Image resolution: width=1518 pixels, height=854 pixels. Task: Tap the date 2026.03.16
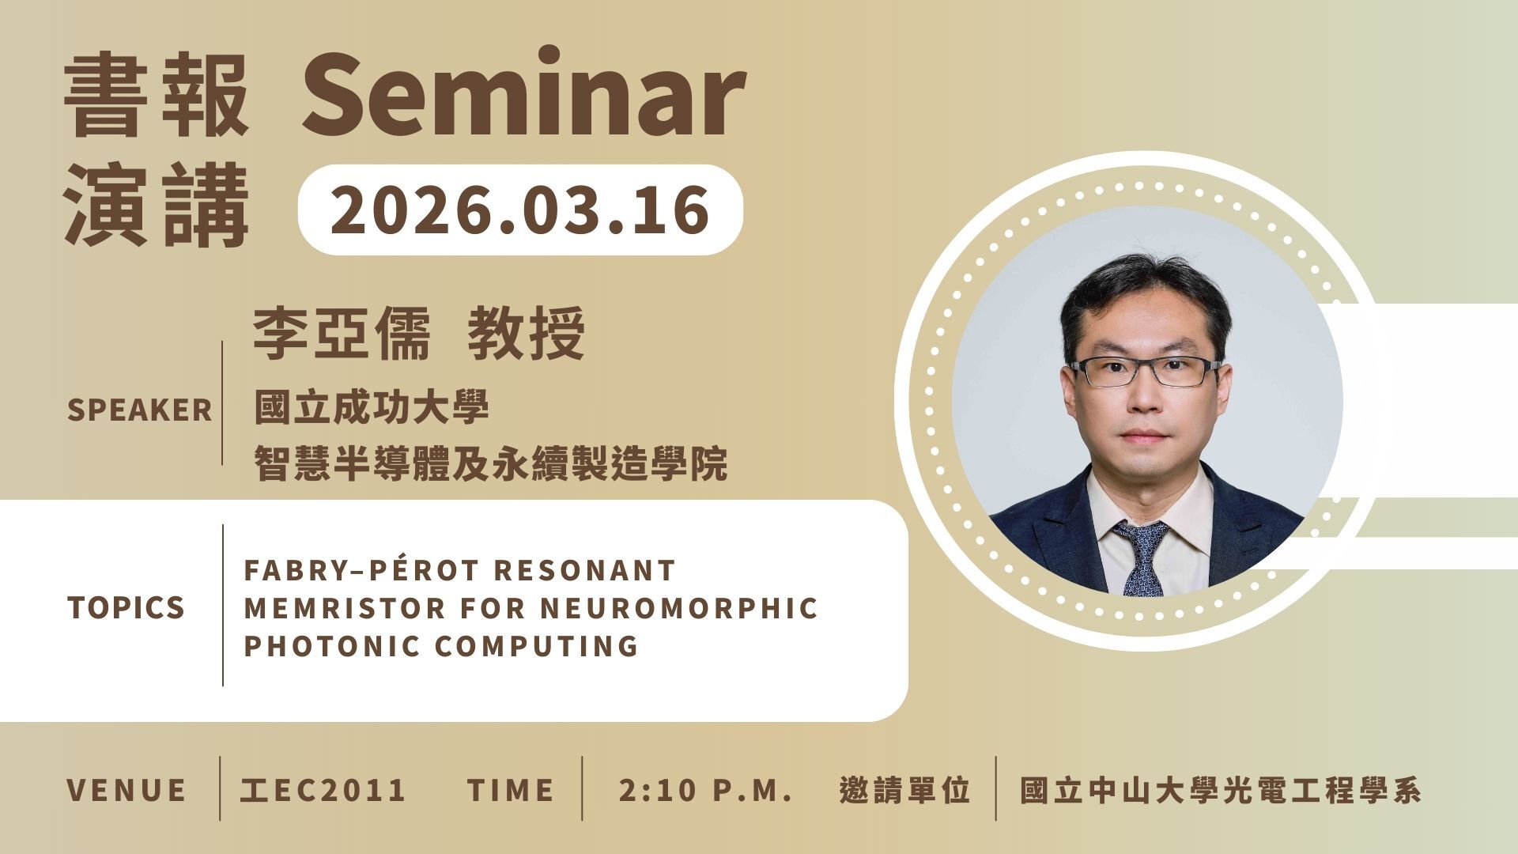click(519, 209)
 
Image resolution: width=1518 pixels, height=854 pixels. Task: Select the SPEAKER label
click(140, 410)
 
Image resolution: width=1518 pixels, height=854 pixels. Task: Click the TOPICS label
click(126, 607)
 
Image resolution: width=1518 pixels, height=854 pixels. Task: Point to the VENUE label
click(126, 790)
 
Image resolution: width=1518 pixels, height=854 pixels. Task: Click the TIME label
click(511, 790)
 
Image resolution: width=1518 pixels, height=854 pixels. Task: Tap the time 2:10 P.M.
click(706, 790)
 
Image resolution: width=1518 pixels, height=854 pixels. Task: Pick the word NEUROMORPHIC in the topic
click(679, 608)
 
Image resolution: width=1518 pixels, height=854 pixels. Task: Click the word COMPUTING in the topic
click(537, 645)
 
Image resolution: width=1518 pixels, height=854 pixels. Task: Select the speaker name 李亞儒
click(342, 333)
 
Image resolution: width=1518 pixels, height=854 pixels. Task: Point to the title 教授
click(527, 333)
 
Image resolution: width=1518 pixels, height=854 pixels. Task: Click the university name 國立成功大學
click(372, 408)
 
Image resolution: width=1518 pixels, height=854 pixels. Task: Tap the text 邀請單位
click(905, 790)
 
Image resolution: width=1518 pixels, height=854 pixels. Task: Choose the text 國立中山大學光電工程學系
click(1221, 790)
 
